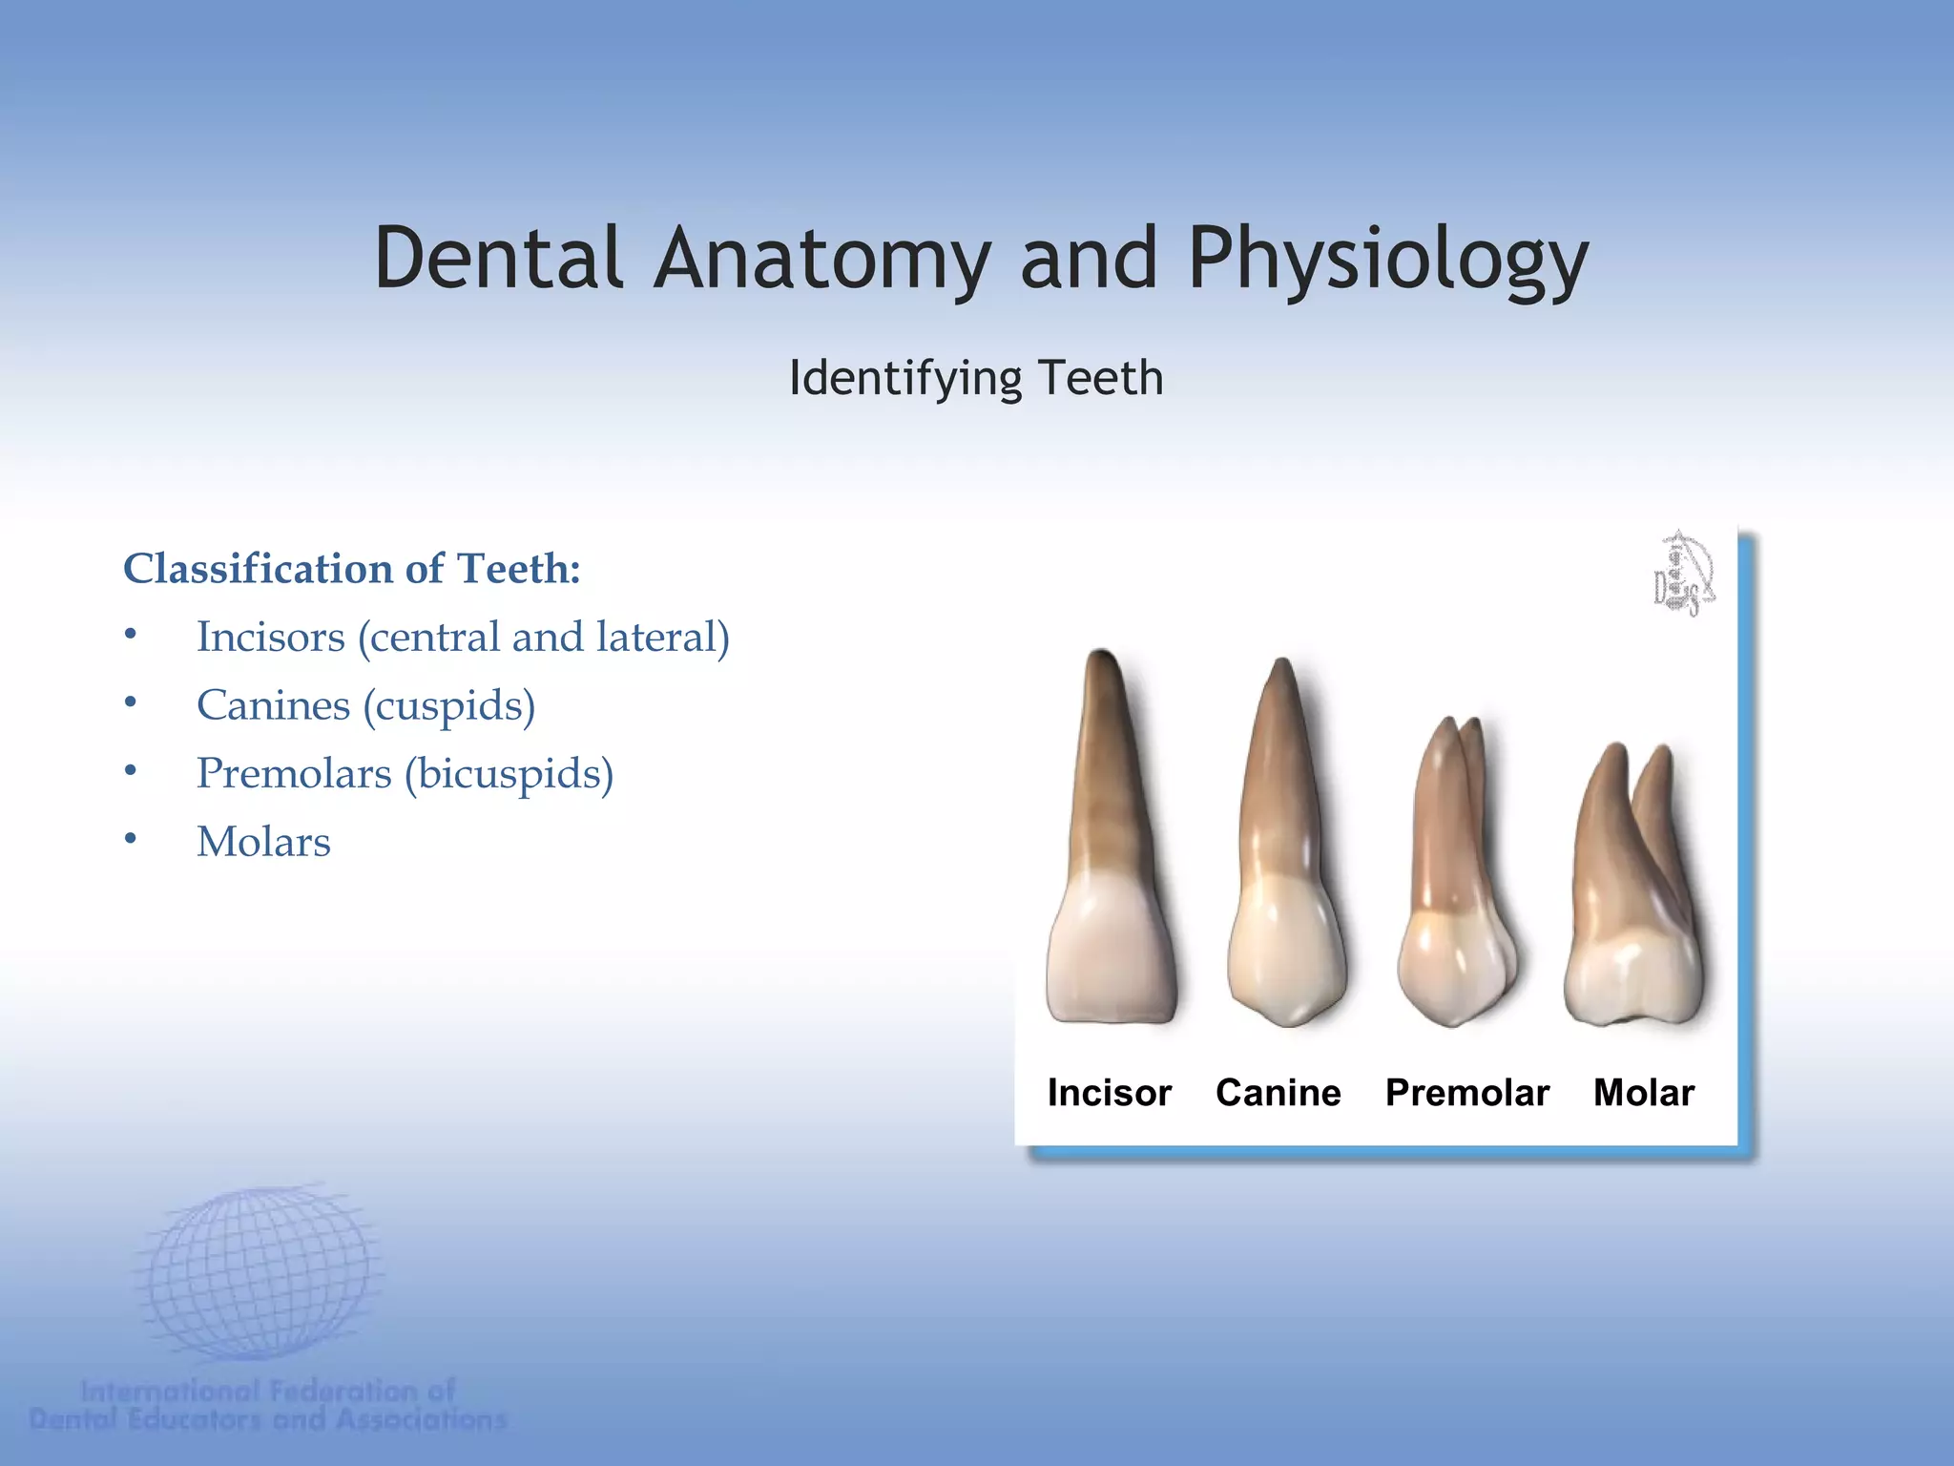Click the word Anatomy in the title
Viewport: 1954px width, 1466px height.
[x=822, y=260]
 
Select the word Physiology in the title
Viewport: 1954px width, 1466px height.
[x=1387, y=260]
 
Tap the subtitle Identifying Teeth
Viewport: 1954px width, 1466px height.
[x=976, y=378]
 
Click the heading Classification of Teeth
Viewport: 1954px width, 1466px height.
[x=352, y=569]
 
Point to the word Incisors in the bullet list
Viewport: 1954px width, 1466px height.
[x=270, y=637]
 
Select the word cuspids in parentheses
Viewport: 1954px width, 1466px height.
[x=449, y=705]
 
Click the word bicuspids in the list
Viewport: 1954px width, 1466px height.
[x=509, y=773]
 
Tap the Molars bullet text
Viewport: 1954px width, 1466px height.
[x=263, y=842]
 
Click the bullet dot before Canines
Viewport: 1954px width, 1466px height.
[x=131, y=703]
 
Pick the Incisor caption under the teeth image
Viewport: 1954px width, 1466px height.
[x=1109, y=1093]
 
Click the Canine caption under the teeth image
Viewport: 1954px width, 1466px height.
[x=1278, y=1093]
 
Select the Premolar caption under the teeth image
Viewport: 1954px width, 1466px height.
[x=1466, y=1093]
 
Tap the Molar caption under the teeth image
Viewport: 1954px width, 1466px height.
[x=1644, y=1093]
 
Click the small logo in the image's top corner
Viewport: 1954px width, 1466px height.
[x=1683, y=573]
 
